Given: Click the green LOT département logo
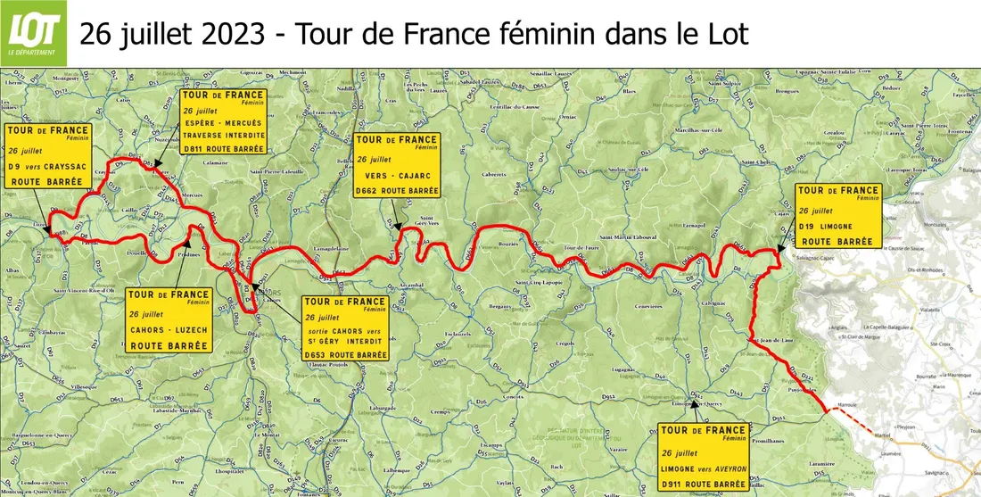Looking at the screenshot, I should (x=34, y=33).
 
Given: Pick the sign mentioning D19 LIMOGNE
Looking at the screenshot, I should (x=837, y=216).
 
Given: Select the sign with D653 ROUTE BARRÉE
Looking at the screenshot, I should (x=345, y=328).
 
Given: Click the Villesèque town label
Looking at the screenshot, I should (x=75, y=388).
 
